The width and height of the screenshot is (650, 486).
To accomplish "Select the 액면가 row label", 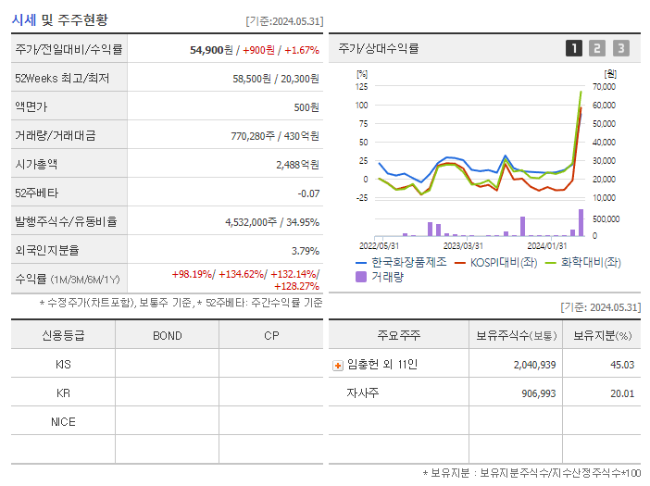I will [x=31, y=107].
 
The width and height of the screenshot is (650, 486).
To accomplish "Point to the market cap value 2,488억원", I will [x=297, y=165].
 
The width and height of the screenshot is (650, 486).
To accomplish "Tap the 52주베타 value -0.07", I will [x=307, y=193].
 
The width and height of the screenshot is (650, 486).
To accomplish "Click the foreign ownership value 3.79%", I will [x=305, y=251].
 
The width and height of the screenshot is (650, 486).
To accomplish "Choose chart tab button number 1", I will [x=574, y=48].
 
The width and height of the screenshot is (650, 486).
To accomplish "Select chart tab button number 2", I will [x=597, y=48].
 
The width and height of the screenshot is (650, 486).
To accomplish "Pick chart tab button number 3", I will [x=620, y=48].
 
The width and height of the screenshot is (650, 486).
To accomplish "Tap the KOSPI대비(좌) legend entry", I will [x=504, y=262].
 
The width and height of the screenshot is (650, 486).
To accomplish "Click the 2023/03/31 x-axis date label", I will [x=463, y=245].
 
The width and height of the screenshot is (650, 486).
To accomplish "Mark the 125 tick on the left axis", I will [x=361, y=86].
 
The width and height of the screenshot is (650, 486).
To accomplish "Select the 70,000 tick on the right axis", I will [x=604, y=86].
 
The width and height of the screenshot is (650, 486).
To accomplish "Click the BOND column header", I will [x=167, y=335].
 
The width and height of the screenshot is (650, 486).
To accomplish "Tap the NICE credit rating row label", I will [x=63, y=421].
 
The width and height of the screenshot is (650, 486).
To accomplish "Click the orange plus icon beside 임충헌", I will [x=337, y=365].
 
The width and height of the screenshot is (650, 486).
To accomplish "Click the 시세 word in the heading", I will [x=24, y=19].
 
